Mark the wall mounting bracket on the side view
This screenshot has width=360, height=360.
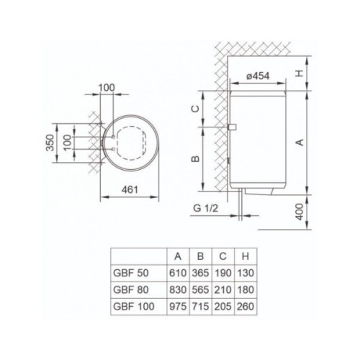227,127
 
